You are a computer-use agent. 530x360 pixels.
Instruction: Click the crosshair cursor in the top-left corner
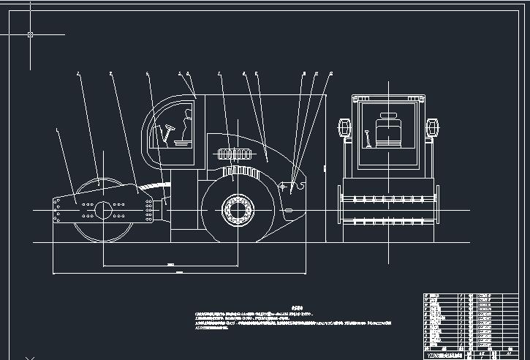point(30,34)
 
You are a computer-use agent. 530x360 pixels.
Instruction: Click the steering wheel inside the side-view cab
point(170,129)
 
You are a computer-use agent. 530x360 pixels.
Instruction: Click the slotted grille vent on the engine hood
point(235,154)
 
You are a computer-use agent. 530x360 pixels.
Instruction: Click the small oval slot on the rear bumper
point(289,211)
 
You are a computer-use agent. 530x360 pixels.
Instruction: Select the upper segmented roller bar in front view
point(387,198)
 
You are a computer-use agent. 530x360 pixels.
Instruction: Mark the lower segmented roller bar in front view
point(387,221)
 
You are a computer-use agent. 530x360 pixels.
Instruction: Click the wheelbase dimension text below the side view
point(170,263)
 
